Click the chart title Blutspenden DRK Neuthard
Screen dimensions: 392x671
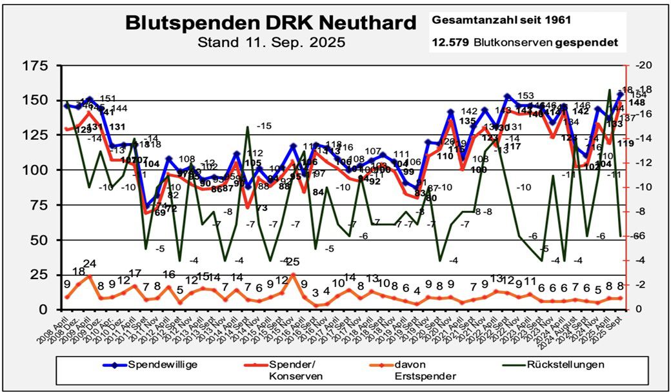coord(270,23)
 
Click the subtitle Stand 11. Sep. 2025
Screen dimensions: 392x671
coord(270,43)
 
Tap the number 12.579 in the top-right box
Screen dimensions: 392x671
coord(450,43)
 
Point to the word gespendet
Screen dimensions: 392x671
coord(590,43)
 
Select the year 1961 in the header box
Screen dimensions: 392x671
coord(559,20)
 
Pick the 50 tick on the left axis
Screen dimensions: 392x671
coord(40,240)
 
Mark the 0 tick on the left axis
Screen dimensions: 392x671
coord(45,309)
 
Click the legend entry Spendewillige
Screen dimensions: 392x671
coord(162,365)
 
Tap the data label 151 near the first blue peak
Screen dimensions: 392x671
coord(108,99)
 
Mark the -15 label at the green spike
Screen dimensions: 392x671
coord(264,126)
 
